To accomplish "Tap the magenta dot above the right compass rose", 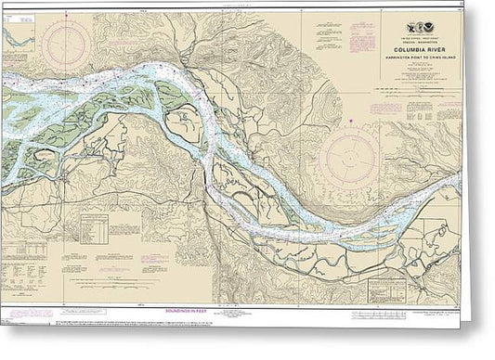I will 350,122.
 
